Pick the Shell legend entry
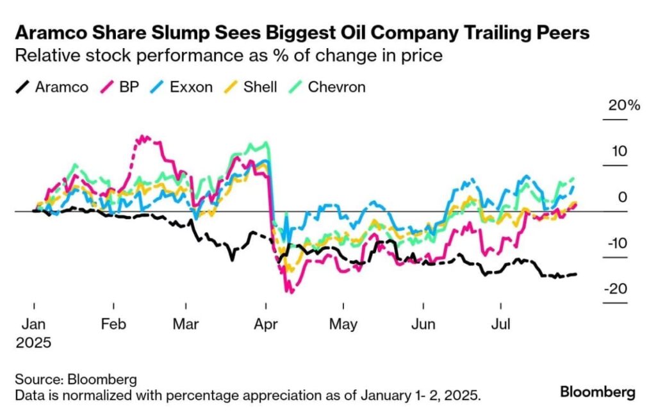click(x=260, y=87)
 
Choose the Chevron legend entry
click(x=336, y=87)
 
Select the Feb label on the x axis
click(x=114, y=324)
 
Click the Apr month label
click(x=265, y=324)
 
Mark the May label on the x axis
click(x=343, y=324)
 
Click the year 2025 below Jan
click(x=33, y=342)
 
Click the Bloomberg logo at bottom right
click(x=598, y=392)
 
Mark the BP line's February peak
click(x=143, y=137)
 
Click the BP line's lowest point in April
click(x=292, y=293)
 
